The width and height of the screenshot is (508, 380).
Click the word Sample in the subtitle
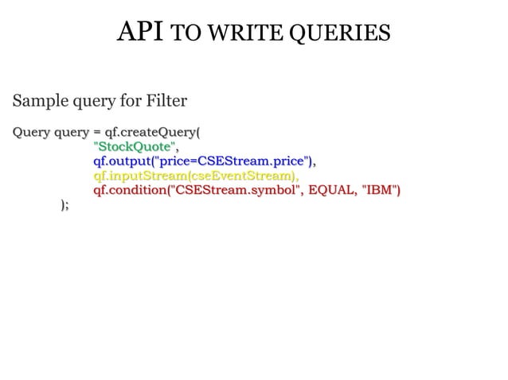(39, 103)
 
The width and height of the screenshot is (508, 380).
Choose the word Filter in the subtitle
(166, 102)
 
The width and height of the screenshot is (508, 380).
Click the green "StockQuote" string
(133, 147)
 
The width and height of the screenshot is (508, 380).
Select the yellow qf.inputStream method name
(134, 176)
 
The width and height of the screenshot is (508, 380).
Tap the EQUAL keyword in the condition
(332, 191)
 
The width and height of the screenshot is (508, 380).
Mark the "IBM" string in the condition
(378, 191)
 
